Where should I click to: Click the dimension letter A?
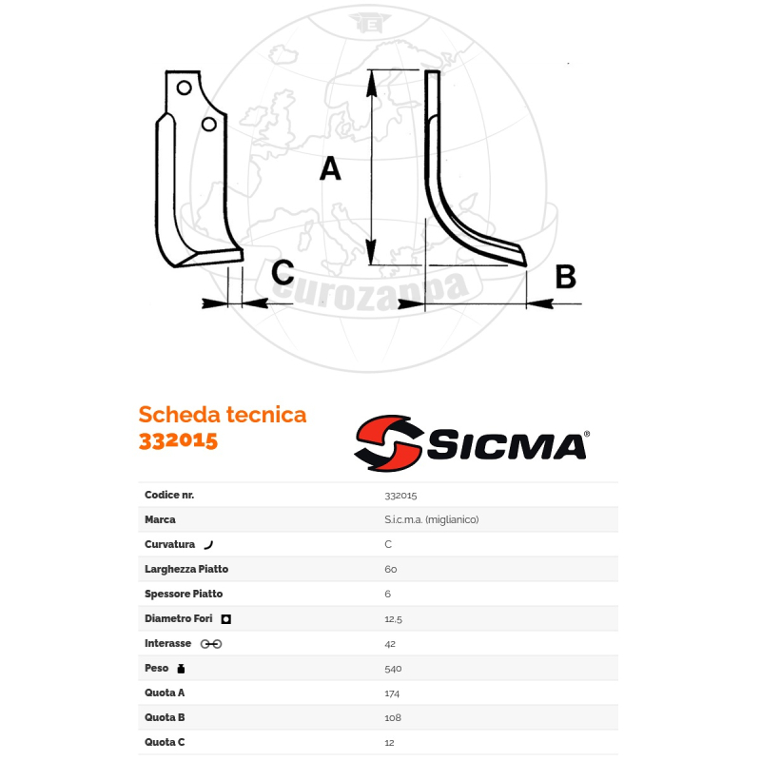[329, 169]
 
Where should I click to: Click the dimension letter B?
[564, 277]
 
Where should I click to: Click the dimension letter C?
[283, 273]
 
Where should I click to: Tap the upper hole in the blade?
[185, 88]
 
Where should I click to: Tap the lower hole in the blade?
[209, 124]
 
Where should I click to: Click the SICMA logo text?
[506, 445]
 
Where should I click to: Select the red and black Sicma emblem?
[388, 443]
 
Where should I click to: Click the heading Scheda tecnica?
[223, 415]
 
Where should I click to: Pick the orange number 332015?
[178, 440]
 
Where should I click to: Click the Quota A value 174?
[392, 693]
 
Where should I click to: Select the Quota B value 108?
[393, 718]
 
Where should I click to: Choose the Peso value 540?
[393, 669]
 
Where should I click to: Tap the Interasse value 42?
[390, 644]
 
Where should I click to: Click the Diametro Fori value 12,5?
[393, 619]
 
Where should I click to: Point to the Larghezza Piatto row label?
[186, 570]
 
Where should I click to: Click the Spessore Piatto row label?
[184, 595]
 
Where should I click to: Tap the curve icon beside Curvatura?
[208, 545]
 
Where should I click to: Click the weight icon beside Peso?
[182, 669]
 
